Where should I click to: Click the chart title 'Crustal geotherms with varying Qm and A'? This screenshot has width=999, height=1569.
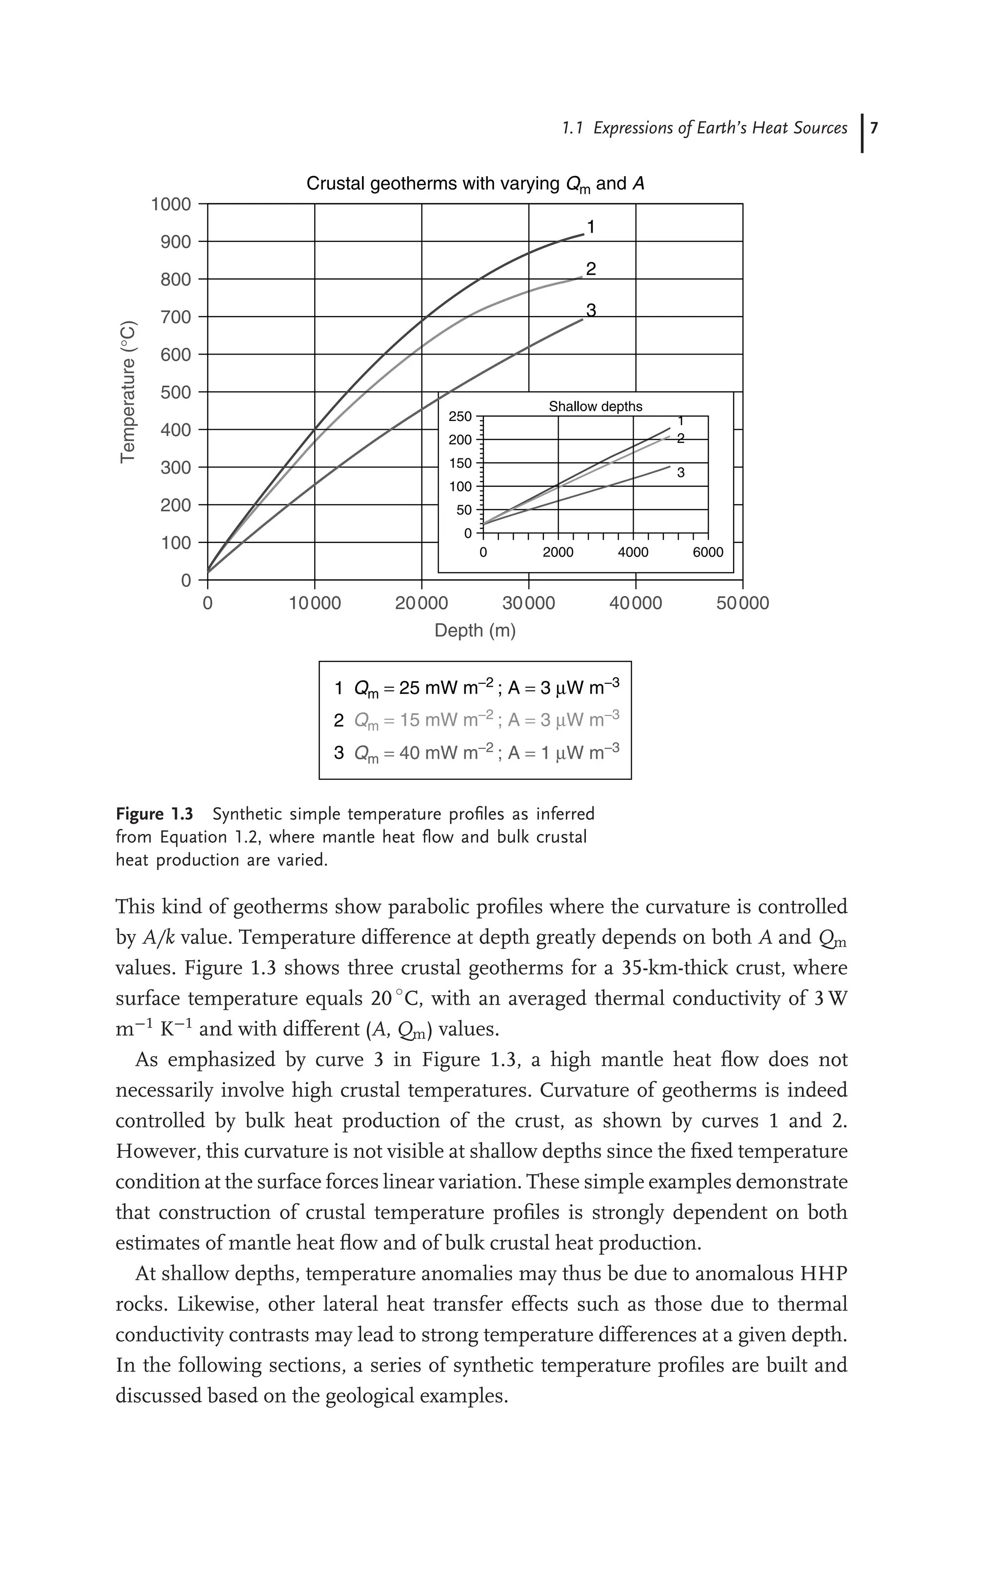[x=475, y=184]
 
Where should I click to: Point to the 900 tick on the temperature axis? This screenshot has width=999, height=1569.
[x=176, y=242]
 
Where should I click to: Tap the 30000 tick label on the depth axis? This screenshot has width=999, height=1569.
[x=528, y=603]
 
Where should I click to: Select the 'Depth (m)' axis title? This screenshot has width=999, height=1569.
[x=475, y=631]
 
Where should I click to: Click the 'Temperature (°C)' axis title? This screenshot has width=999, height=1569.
[x=128, y=392]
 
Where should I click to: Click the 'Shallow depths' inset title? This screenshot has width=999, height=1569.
[x=595, y=407]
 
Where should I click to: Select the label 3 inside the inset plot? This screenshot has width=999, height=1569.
[x=680, y=473]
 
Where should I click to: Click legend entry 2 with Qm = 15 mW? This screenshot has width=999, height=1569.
[x=476, y=720]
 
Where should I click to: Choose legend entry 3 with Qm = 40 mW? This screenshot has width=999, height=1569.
[x=476, y=753]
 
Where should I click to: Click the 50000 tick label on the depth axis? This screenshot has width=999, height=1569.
[x=742, y=603]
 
